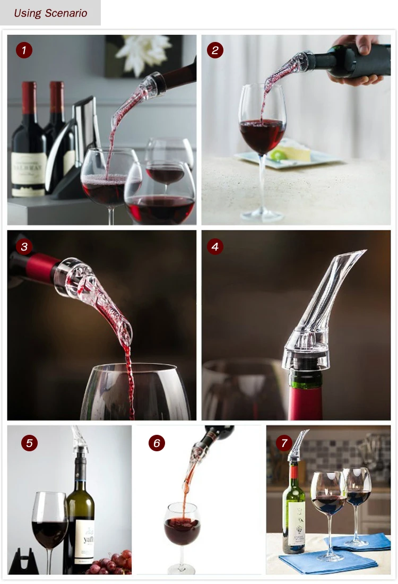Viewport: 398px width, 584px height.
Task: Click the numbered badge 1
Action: click(x=24, y=50)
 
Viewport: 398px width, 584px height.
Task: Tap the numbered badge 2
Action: click(x=215, y=50)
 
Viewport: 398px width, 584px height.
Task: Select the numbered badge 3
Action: click(x=24, y=246)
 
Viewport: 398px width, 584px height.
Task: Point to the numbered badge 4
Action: click(x=215, y=246)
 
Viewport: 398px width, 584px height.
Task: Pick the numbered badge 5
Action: click(x=30, y=443)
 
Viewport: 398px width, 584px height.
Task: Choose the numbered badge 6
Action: click(x=157, y=443)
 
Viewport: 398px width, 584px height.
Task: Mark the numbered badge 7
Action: click(x=284, y=443)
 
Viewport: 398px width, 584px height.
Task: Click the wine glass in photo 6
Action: click(x=181, y=526)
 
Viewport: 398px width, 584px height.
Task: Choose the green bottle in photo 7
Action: click(x=294, y=510)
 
